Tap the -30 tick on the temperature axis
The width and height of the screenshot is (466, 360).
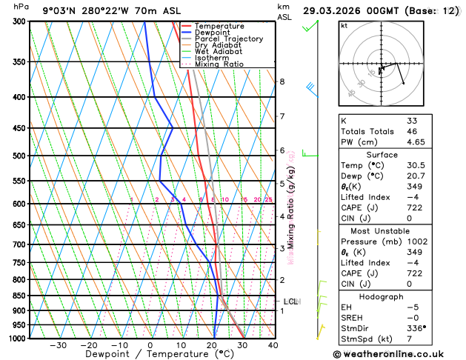(x=58, y=345)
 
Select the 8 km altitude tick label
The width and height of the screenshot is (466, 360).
(x=282, y=81)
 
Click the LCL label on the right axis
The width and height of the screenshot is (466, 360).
(x=290, y=301)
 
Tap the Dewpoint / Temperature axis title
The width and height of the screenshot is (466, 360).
(x=150, y=354)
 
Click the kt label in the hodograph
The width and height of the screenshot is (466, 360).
(x=344, y=25)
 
